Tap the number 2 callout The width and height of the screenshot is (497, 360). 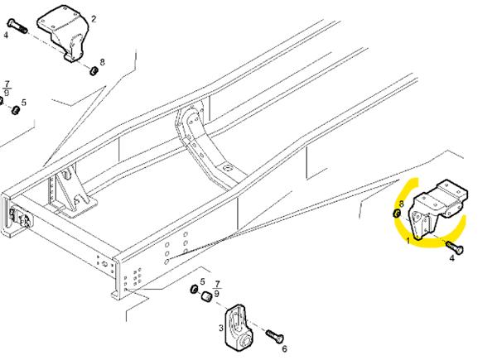[x=94, y=19]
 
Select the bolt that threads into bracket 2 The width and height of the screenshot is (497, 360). [x=17, y=27]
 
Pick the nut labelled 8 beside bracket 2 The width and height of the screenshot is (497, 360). [x=94, y=70]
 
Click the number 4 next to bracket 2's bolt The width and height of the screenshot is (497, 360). [x=6, y=35]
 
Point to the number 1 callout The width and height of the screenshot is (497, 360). [x=408, y=242]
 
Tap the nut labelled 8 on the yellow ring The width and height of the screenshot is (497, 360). [x=396, y=214]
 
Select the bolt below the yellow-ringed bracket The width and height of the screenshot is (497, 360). [x=455, y=247]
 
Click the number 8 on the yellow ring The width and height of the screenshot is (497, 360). [x=401, y=204]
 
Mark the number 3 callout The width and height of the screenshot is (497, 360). [x=221, y=328]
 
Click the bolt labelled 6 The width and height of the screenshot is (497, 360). [x=274, y=336]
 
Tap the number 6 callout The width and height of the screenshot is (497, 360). [x=284, y=348]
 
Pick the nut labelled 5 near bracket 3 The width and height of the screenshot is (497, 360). [x=194, y=289]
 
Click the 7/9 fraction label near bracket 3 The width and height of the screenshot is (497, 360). [x=217, y=288]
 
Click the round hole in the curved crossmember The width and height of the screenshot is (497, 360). [x=227, y=168]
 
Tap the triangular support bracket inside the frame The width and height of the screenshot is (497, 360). [x=73, y=190]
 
